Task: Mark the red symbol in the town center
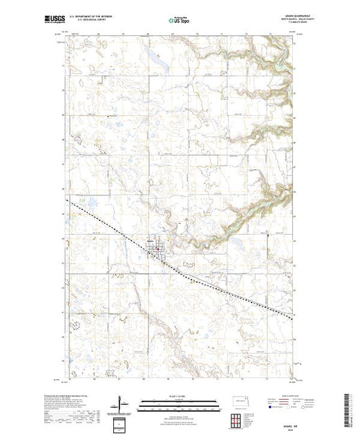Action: click(x=158, y=248)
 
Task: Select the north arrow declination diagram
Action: click(x=122, y=402)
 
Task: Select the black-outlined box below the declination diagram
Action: click(x=122, y=423)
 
